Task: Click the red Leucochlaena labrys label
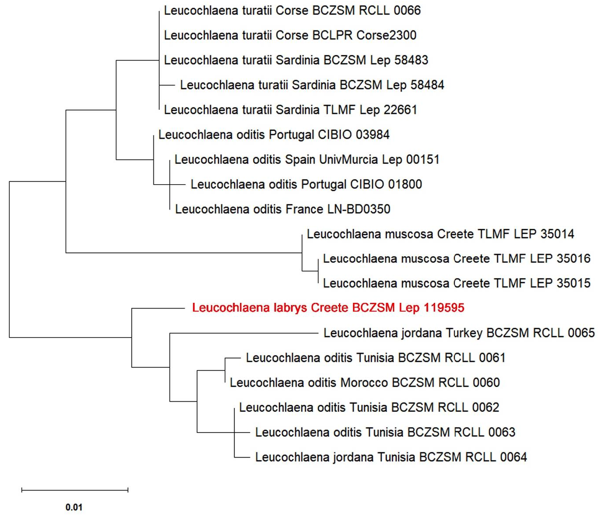click(x=328, y=308)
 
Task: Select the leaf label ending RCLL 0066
click(x=292, y=11)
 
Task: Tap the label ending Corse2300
click(x=290, y=35)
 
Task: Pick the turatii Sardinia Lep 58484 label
click(x=312, y=85)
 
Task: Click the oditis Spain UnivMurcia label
click(x=307, y=160)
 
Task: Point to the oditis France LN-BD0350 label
click(x=283, y=209)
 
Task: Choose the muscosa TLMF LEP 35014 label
click(x=440, y=234)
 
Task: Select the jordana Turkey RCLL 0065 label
click(x=459, y=333)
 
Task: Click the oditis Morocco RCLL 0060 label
click(x=365, y=382)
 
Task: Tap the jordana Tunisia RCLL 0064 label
click(x=391, y=457)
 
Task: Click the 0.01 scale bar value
click(x=74, y=507)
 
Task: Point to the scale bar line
click(x=75, y=490)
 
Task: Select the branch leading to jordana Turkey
click(x=244, y=333)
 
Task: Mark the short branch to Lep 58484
click(x=167, y=85)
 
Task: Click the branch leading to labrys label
click(x=158, y=309)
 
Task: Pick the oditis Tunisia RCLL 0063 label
click(x=385, y=432)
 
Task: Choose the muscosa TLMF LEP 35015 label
click(x=457, y=283)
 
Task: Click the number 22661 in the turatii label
click(x=400, y=110)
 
